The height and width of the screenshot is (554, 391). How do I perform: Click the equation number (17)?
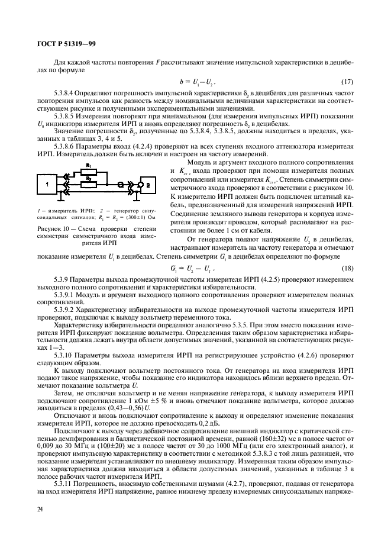348,80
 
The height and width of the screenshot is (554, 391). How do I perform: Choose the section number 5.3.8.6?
67,146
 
